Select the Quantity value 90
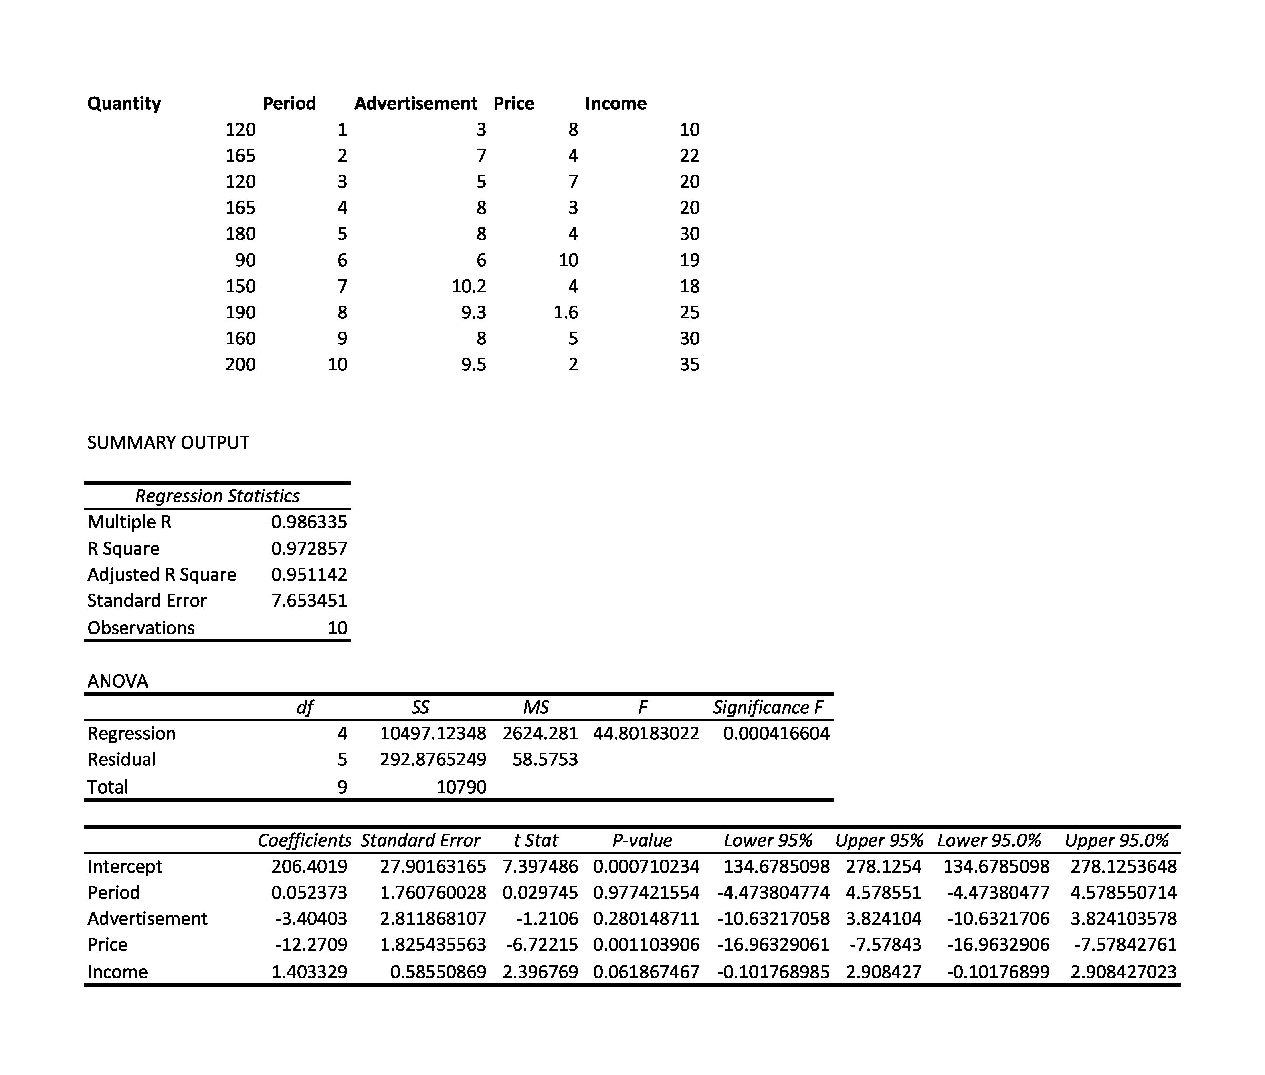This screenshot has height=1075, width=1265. pos(245,260)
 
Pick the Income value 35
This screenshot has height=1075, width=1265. pos(689,364)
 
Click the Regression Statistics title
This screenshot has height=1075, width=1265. pos(217,496)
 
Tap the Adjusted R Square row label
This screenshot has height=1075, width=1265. pos(162,575)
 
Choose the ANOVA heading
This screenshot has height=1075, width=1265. pos(117,681)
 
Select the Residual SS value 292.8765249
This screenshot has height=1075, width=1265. pos(433,759)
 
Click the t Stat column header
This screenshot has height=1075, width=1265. pos(536,841)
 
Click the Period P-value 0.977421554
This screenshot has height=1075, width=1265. pos(646,893)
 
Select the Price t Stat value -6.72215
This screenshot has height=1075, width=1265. pos(542,945)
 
